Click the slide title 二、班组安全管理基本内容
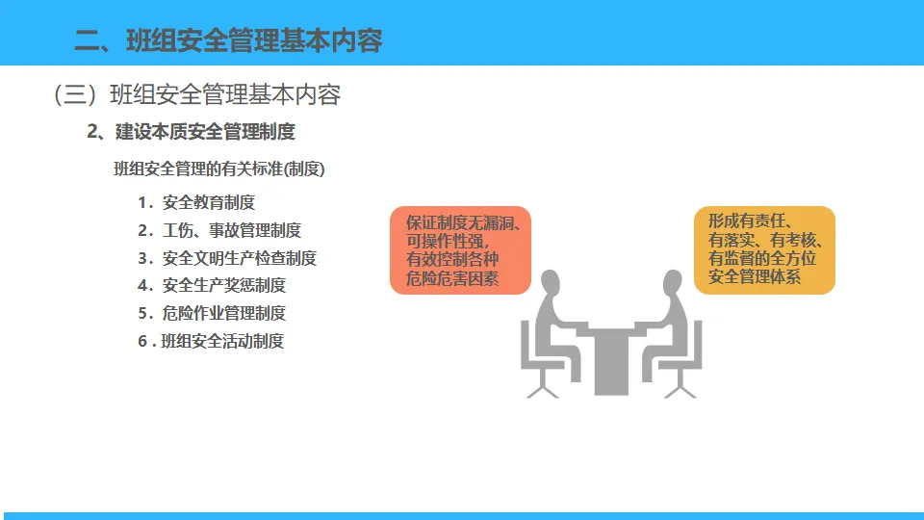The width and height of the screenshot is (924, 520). click(228, 40)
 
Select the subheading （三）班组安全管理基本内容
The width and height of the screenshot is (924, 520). click(197, 94)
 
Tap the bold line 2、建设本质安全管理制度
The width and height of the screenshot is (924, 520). click(191, 132)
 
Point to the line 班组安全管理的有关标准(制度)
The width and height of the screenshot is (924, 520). click(219, 169)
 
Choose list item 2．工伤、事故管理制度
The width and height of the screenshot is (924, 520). click(218, 230)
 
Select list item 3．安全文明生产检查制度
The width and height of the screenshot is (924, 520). click(226, 258)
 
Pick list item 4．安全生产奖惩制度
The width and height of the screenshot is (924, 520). click(211, 286)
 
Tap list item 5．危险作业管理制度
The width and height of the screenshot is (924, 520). click(211, 313)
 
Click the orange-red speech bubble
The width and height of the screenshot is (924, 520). click(460, 249)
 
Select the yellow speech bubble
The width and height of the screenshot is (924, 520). click(764, 249)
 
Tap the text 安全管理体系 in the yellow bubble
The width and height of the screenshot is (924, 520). click(755, 277)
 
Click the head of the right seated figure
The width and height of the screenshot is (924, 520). click(671, 284)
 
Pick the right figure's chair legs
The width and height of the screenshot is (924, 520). click(680, 384)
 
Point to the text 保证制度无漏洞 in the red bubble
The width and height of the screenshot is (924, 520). click(458, 222)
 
